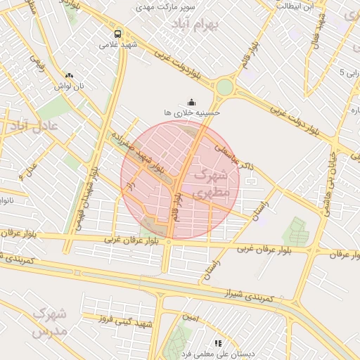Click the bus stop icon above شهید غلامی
tap(117, 34)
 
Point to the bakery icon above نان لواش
tap(69, 75)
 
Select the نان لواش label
tap(70, 86)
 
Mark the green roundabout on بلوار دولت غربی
tap(224, 87)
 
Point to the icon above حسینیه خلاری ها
tap(193, 101)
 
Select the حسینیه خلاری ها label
tap(192, 112)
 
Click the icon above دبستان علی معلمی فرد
tap(218, 343)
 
